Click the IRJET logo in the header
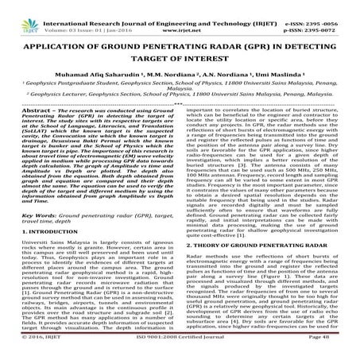point(20,13)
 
